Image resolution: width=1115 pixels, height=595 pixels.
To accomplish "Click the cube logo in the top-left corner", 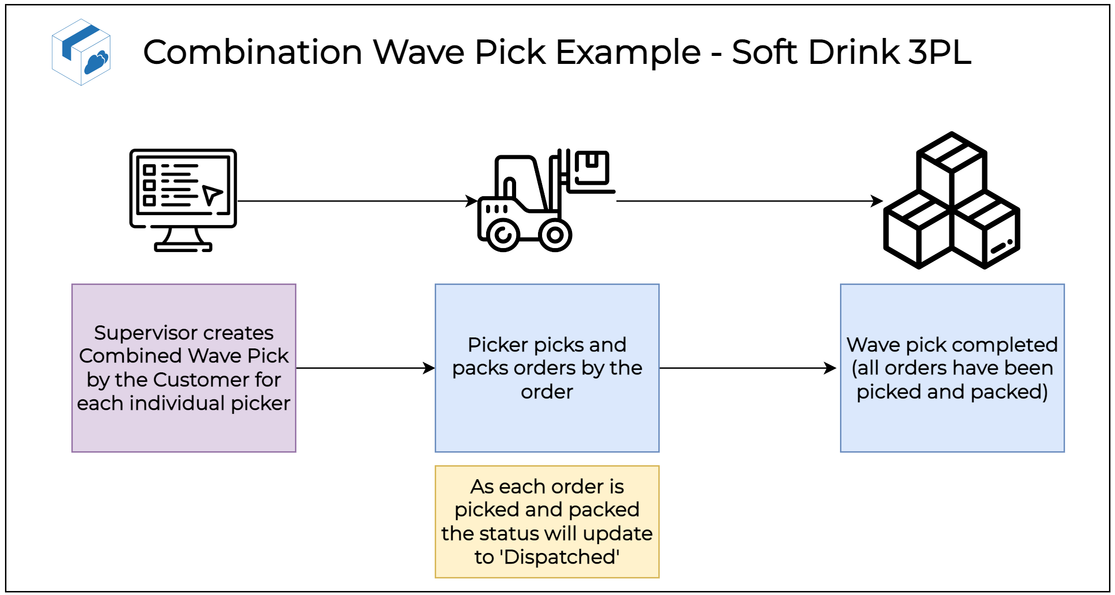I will pyautogui.click(x=81, y=52).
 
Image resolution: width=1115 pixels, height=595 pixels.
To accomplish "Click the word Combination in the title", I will pyautogui.click(x=252, y=52).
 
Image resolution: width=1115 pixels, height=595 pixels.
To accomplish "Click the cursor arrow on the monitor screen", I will pyautogui.click(x=212, y=194).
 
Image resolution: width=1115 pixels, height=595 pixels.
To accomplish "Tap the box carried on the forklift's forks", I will pyautogui.click(x=592, y=167).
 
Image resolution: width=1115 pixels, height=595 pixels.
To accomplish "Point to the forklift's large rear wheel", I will pyautogui.click(x=503, y=235).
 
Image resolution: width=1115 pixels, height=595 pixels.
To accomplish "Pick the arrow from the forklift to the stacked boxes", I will pyautogui.click(x=749, y=201).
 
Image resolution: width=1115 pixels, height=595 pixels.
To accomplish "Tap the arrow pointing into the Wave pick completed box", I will pyautogui.click(x=749, y=368).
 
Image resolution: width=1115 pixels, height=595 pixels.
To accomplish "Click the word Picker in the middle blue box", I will pyautogui.click(x=497, y=345).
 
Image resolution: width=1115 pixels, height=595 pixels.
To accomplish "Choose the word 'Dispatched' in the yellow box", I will pyautogui.click(x=561, y=557).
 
